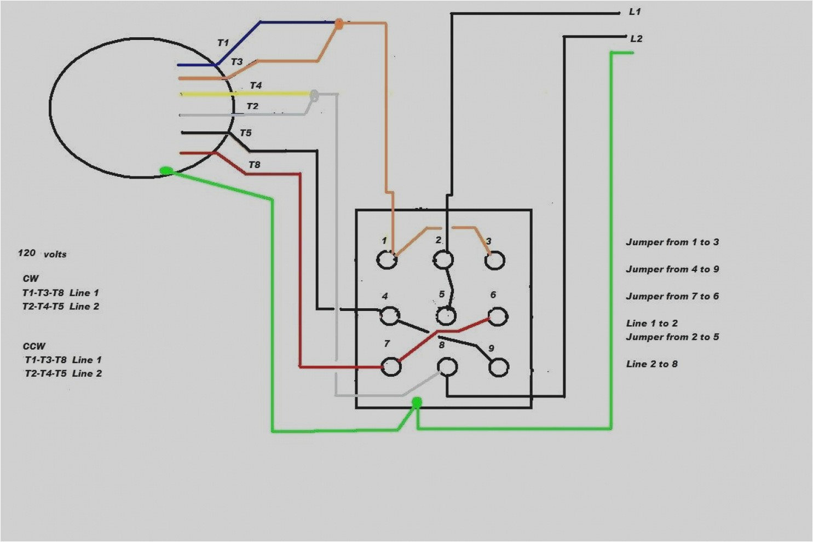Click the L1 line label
(634, 11)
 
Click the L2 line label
(636, 38)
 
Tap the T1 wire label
(223, 43)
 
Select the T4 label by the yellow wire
(256, 85)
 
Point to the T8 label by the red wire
(254, 165)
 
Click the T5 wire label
(245, 133)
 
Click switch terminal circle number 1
(387, 260)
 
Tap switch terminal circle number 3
(495, 261)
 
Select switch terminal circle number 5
(447, 315)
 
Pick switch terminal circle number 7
(391, 366)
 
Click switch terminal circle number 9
(498, 367)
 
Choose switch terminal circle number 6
(497, 316)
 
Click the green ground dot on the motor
(166, 171)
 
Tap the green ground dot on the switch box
(417, 403)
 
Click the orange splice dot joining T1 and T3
(338, 24)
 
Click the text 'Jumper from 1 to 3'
(672, 242)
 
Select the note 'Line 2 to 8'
(651, 364)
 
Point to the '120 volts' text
(42, 253)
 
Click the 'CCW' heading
(34, 346)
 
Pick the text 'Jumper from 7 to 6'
(672, 296)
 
